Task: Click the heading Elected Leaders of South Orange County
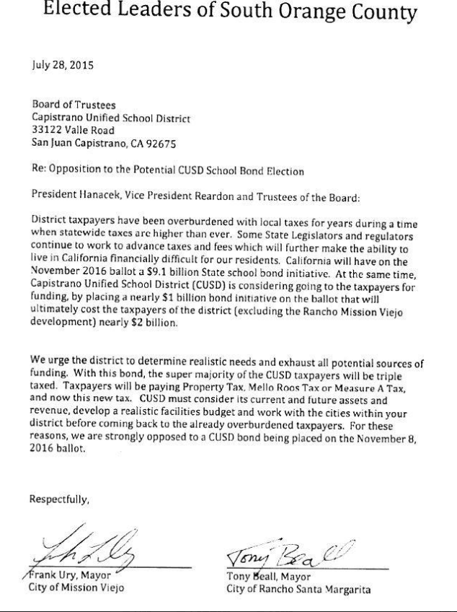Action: pos(229,12)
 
